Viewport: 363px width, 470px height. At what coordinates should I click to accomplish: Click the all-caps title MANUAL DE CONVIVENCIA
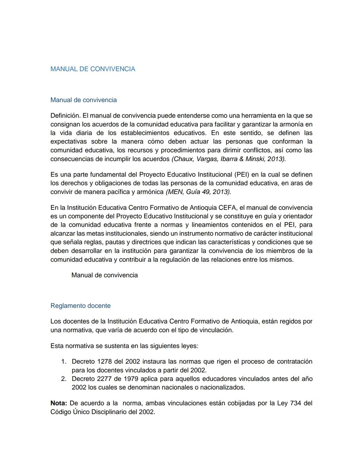93,69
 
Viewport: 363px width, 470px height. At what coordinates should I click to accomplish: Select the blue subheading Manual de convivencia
83,100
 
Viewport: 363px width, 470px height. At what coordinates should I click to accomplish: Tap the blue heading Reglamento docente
80,306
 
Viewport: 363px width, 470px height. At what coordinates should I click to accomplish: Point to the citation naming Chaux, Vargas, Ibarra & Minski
229,159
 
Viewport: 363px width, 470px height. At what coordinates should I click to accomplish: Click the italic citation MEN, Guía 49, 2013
199,192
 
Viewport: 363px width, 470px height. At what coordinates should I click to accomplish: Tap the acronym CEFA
228,208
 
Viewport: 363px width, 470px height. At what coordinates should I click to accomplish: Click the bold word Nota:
59,403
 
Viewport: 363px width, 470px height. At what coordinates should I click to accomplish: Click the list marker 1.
64,362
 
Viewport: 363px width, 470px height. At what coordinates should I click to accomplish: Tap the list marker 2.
64,379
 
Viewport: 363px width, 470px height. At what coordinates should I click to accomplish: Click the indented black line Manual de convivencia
105,275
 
